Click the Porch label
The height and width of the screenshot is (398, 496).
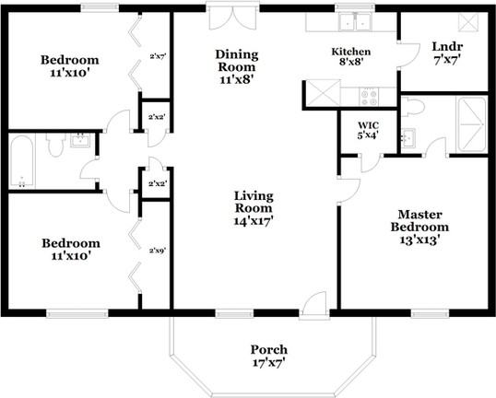(x=268, y=356)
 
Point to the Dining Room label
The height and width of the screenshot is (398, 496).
(x=237, y=66)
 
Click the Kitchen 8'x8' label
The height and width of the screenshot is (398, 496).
(x=351, y=58)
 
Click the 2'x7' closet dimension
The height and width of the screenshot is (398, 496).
(x=157, y=56)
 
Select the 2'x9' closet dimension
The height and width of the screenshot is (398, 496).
(x=157, y=250)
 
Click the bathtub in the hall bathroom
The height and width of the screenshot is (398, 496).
(x=21, y=163)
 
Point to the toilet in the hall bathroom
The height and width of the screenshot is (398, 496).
(x=53, y=145)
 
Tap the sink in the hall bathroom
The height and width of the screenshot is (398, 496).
(x=80, y=140)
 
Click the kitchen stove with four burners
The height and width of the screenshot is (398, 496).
(x=369, y=94)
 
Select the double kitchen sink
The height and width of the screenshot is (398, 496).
(x=351, y=22)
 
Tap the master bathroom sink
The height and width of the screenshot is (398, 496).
(x=407, y=138)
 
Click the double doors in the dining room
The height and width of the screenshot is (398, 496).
(x=222, y=17)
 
